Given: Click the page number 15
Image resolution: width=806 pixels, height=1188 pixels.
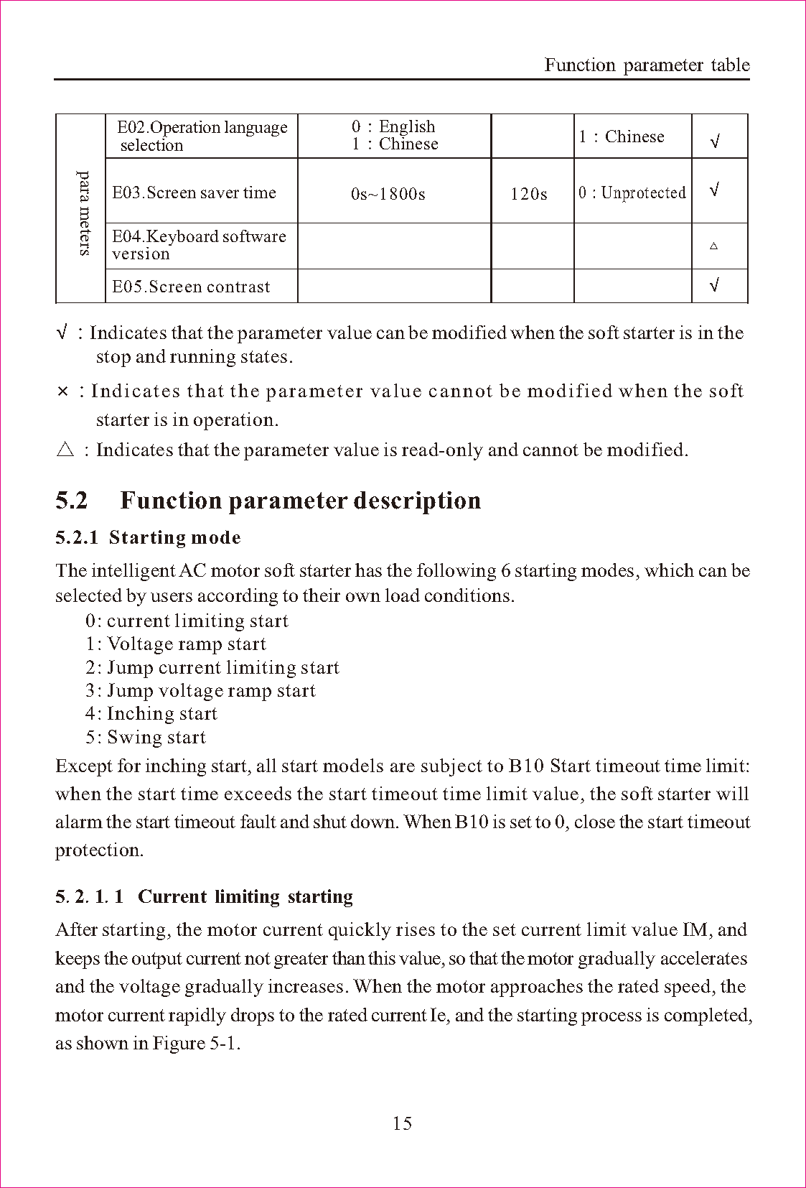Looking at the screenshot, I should tap(402, 1123).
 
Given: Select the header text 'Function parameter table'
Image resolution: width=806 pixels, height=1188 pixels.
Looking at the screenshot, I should tap(647, 65).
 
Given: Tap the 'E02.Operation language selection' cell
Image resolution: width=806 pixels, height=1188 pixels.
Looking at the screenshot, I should tap(202, 136).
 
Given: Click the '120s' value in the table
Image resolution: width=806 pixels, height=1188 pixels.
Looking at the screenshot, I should tap(529, 194).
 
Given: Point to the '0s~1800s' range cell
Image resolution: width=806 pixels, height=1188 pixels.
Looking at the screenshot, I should tap(388, 194).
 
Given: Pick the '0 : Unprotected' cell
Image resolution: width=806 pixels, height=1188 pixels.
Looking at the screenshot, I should tap(632, 192).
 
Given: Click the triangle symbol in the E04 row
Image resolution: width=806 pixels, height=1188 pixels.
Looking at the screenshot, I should tap(713, 246).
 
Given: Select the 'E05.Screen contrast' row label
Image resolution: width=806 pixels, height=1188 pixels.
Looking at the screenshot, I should tap(191, 287).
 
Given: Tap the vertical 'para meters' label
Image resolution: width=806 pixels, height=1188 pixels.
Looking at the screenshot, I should tap(84, 213).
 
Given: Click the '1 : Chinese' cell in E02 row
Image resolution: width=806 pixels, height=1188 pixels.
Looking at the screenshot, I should tap(622, 136).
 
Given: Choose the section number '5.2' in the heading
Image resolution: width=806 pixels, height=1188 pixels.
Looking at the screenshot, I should tap(72, 500).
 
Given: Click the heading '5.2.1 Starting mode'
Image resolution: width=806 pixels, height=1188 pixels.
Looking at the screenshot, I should tap(148, 537).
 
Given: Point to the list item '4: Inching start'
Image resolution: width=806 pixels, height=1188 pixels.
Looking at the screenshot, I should tap(151, 713).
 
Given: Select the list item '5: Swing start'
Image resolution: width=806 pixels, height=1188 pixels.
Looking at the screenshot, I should tap(145, 737).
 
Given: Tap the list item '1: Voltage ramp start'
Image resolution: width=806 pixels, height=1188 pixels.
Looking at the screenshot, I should tap(175, 644).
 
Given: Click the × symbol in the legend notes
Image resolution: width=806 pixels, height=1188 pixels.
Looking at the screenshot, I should tap(63, 391).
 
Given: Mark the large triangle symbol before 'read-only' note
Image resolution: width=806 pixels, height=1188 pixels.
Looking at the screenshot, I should tap(65, 450).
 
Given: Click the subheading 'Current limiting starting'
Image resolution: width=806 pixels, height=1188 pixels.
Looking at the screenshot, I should tap(245, 896).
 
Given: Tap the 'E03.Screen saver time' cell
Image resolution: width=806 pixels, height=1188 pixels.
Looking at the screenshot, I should tap(194, 192).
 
